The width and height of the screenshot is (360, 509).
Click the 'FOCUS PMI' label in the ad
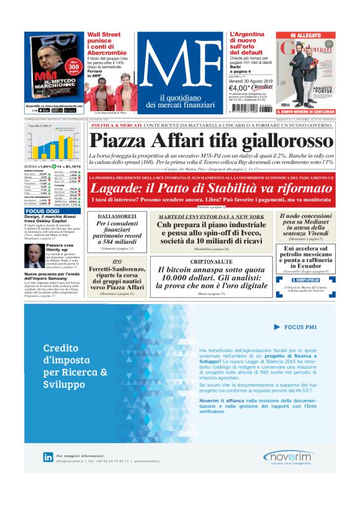[300, 327]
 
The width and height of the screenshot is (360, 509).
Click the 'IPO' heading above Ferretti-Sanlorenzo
[117, 261]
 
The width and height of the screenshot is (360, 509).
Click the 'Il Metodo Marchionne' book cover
[53, 68]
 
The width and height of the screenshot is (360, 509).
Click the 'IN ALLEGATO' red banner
[305, 35]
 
